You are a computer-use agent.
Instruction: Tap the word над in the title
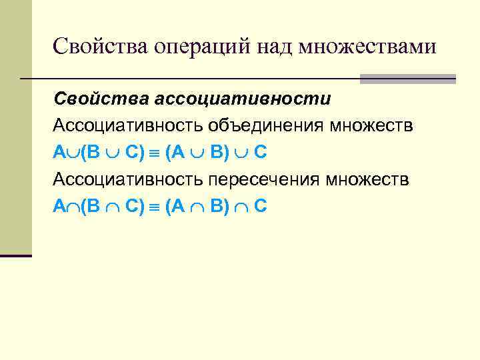click(x=272, y=46)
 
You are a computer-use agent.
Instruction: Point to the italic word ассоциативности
click(x=243, y=99)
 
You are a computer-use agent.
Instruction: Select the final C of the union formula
click(x=261, y=153)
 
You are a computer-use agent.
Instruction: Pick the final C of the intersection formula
click(x=261, y=207)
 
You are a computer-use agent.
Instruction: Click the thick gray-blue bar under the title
click(x=407, y=79)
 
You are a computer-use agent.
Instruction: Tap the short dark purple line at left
click(x=16, y=255)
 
